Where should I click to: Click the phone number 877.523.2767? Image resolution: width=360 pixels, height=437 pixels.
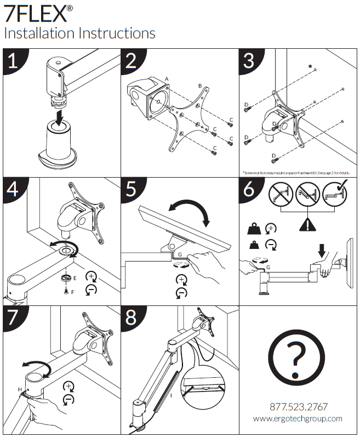click(298, 407)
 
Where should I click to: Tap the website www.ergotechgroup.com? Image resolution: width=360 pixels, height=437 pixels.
click(298, 418)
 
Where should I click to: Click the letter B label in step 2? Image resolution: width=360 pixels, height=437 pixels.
click(200, 86)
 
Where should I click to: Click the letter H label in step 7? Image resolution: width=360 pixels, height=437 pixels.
click(20, 389)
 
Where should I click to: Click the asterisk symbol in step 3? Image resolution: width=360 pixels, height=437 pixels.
click(311, 67)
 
